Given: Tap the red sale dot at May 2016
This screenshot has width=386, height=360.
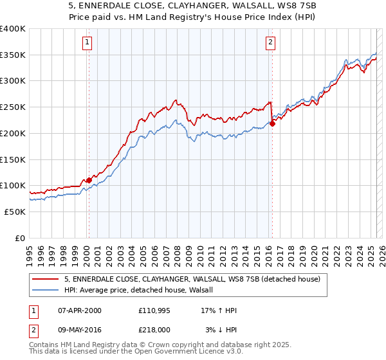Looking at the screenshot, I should click(x=272, y=124).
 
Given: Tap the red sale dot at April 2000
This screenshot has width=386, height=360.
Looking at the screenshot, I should click(x=89, y=180).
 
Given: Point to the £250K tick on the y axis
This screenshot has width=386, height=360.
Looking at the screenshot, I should click(x=13, y=107).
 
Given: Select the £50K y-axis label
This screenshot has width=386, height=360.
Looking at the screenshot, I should click(x=15, y=212).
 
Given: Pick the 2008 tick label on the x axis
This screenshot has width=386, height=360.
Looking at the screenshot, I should click(x=176, y=252).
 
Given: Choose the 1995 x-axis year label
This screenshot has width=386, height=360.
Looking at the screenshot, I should click(x=30, y=252).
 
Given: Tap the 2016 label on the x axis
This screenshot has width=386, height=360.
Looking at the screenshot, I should click(x=267, y=252).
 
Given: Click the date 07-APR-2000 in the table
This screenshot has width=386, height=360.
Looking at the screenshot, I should click(x=80, y=310).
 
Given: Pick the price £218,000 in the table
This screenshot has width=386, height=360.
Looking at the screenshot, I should click(x=154, y=329).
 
